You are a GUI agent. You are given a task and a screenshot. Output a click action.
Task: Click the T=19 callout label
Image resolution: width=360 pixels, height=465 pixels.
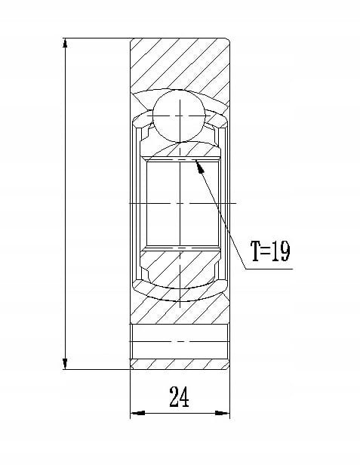270,251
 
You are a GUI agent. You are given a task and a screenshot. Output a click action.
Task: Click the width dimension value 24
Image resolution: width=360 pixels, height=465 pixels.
179,396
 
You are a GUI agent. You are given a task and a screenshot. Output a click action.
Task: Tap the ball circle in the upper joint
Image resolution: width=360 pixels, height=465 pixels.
179,115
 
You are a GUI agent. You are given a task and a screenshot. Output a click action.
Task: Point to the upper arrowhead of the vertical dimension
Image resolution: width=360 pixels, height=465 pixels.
65,43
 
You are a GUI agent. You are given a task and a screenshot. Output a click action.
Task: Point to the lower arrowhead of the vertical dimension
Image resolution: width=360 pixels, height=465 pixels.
65,364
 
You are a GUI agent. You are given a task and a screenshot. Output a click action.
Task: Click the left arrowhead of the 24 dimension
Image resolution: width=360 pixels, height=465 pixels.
137,413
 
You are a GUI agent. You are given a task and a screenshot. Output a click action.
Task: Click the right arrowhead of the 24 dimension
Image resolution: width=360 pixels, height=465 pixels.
223,413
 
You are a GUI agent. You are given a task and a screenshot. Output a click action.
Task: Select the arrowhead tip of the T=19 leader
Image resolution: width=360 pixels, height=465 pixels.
197,161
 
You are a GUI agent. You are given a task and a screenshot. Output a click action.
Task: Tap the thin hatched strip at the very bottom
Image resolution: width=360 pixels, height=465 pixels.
180,364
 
